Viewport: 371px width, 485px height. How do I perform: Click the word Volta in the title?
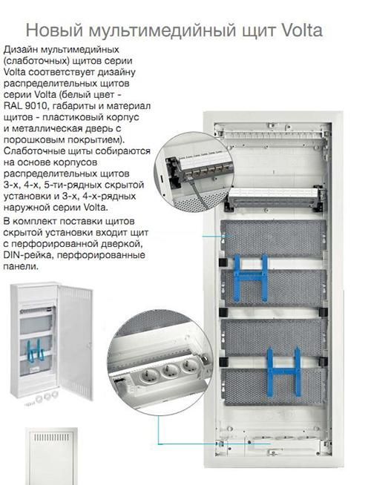point(302,30)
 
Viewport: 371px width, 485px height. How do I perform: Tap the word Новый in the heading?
point(55,30)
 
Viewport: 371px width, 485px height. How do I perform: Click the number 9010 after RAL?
point(36,106)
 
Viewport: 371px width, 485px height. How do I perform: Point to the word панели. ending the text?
point(21,266)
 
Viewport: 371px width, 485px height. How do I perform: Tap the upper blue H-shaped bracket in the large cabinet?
point(251,277)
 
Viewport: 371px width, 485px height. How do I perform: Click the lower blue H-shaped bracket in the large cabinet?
point(284,372)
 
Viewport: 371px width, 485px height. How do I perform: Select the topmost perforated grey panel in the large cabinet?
point(273,239)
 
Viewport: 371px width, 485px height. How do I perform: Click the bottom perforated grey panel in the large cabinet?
point(274,386)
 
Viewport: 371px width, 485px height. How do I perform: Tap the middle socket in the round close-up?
point(170,371)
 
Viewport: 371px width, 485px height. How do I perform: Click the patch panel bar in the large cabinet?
point(274,194)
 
